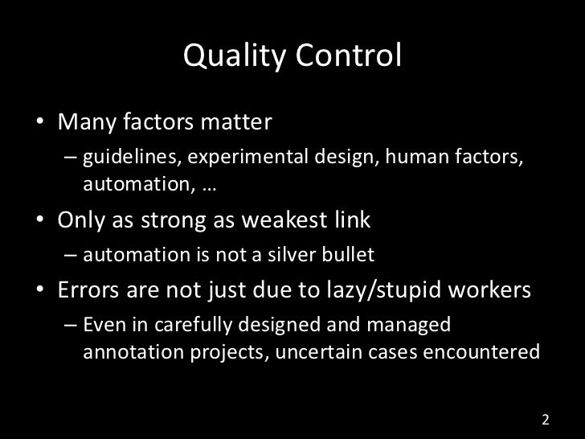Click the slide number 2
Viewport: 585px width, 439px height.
(x=546, y=420)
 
